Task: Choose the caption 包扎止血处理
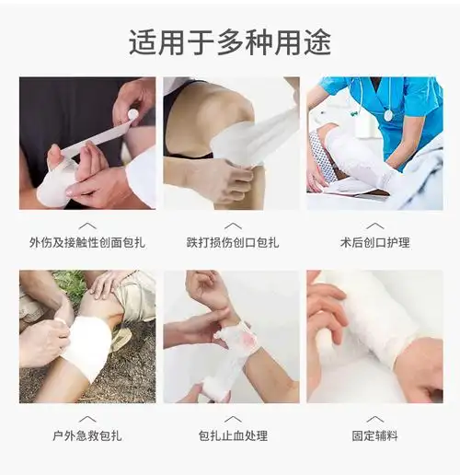coord(233,435)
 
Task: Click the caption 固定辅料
coord(374,435)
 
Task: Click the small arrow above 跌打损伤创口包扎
coord(233,225)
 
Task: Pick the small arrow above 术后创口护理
coord(374,225)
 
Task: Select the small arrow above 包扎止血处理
coord(233,418)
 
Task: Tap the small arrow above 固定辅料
coord(374,418)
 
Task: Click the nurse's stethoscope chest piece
coord(388,115)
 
